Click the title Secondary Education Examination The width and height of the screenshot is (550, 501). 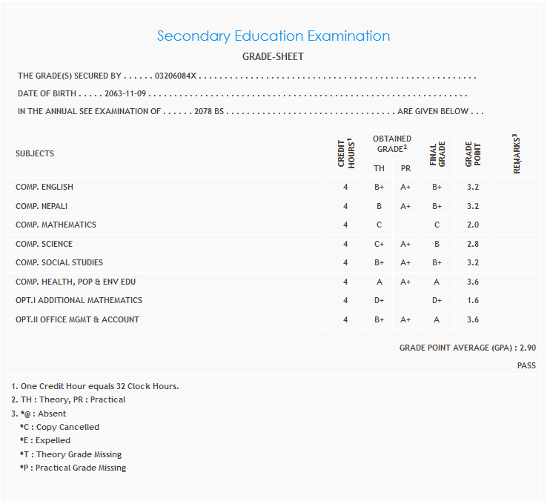[x=273, y=36]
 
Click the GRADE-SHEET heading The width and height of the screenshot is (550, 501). [x=273, y=56]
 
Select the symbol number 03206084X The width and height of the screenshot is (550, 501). [x=176, y=76]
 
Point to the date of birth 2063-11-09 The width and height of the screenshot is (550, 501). [x=125, y=94]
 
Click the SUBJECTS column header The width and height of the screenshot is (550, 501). [x=35, y=153]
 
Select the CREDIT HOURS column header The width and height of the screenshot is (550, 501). [x=345, y=154]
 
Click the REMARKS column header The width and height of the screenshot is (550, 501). [x=517, y=154]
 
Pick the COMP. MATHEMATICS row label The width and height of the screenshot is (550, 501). [x=56, y=225]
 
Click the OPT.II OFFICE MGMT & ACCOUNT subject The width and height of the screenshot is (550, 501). [x=77, y=319]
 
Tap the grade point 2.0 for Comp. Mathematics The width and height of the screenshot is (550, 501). [x=472, y=225]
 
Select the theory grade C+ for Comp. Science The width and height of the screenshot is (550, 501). [x=379, y=244]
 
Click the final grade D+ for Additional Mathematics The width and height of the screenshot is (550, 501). [x=437, y=300]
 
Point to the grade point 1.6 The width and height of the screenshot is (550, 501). [x=472, y=300]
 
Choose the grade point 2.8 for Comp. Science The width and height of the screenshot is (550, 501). [x=472, y=244]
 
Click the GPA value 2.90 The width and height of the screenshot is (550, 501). [x=527, y=348]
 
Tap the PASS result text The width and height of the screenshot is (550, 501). [x=526, y=365]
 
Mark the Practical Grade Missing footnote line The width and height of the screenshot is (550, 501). [x=73, y=468]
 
